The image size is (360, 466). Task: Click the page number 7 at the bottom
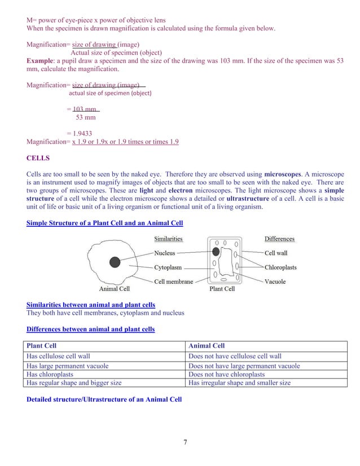185,441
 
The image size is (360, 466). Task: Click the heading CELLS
38,158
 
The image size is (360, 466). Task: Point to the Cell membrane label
173,282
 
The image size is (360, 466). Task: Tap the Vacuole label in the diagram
275,282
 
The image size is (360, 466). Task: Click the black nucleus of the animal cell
115,262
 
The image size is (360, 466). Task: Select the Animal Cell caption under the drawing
115,289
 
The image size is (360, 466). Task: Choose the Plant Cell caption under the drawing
222,289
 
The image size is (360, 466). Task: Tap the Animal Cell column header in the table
207,346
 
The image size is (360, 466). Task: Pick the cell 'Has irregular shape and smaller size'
240,383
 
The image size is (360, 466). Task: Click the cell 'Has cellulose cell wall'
58,357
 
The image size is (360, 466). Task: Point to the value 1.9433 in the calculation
80,134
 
